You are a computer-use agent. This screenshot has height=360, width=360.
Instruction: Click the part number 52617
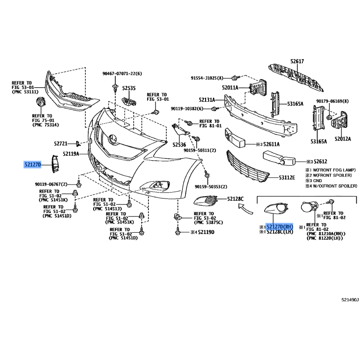(297, 61)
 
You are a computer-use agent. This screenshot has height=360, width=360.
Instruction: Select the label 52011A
(230, 88)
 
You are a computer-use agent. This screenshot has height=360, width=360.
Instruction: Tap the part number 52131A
(207, 100)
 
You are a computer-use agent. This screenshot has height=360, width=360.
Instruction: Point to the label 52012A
(343, 139)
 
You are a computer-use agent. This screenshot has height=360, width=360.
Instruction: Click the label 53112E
(287, 177)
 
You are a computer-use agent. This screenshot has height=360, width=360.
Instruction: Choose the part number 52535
(129, 88)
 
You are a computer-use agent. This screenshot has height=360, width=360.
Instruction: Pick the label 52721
(61, 144)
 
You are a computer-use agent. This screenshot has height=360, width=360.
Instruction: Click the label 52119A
(71, 154)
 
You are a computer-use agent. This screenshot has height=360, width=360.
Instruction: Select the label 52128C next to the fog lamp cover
(235, 199)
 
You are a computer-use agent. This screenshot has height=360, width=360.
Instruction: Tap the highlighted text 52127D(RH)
(279, 227)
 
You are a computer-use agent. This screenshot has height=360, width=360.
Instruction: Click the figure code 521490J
(350, 300)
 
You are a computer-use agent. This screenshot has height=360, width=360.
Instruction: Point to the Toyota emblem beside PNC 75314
(41, 102)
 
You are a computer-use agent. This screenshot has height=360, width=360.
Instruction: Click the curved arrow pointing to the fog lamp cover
(245, 209)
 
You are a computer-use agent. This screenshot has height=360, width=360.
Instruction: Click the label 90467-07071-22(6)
(122, 74)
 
